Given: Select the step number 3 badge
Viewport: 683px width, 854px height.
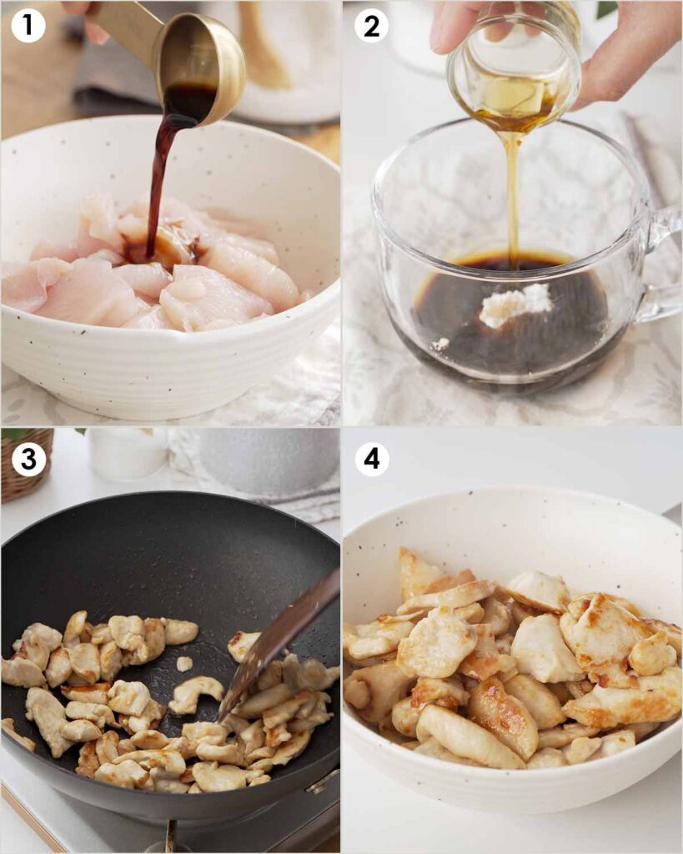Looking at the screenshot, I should click(x=28, y=460).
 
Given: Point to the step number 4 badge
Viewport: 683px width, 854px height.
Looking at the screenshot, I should click(x=371, y=460).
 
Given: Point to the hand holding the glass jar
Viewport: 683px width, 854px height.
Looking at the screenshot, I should click(x=617, y=50).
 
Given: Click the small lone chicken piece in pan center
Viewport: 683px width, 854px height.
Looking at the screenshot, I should click(x=184, y=664).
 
